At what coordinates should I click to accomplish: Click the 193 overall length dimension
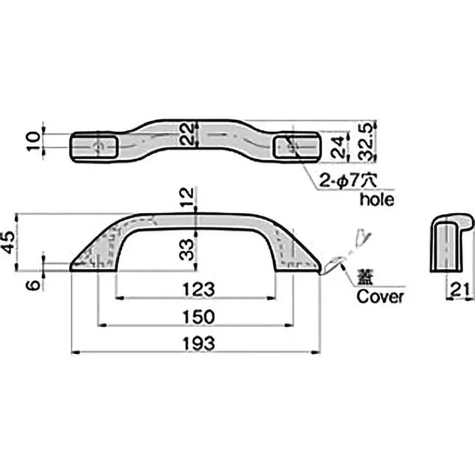[196, 343]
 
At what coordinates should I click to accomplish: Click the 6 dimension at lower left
[34, 284]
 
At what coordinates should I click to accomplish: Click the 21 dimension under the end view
[461, 289]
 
